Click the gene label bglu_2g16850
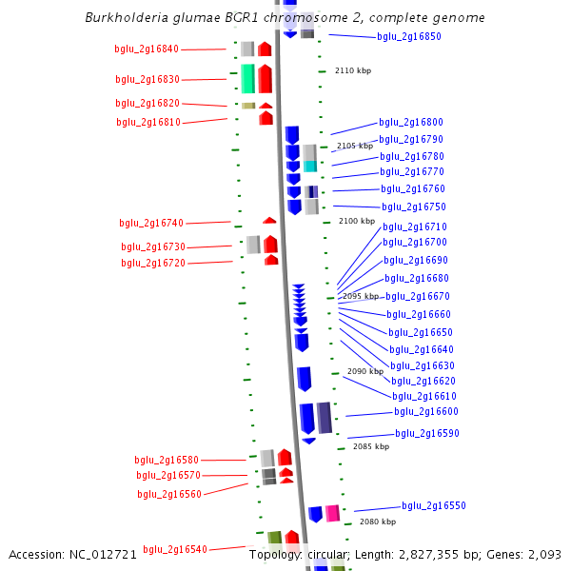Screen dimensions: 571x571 click(x=409, y=36)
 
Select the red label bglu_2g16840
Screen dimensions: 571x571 click(x=147, y=49)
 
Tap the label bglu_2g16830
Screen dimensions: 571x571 click(x=148, y=79)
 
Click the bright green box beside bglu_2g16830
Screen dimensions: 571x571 click(x=248, y=79)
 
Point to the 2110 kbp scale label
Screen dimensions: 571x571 click(x=353, y=70)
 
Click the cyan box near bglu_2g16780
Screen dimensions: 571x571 click(x=310, y=166)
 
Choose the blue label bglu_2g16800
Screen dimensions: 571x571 click(x=411, y=122)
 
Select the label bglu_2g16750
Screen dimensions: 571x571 click(x=414, y=207)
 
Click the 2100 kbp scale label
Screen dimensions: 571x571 click(x=357, y=221)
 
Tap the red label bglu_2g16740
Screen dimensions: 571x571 click(x=151, y=223)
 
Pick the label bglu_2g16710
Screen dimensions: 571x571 click(x=415, y=226)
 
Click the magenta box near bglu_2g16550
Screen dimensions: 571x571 click(x=332, y=513)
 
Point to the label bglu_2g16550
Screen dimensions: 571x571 click(x=434, y=505)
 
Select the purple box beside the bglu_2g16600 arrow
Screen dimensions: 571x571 click(x=325, y=418)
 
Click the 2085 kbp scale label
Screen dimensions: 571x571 click(x=371, y=446)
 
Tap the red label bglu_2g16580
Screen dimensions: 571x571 click(x=167, y=460)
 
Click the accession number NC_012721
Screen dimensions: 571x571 click(x=103, y=555)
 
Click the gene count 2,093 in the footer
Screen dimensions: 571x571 click(x=544, y=555)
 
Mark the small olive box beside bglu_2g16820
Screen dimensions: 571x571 click(x=248, y=106)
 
